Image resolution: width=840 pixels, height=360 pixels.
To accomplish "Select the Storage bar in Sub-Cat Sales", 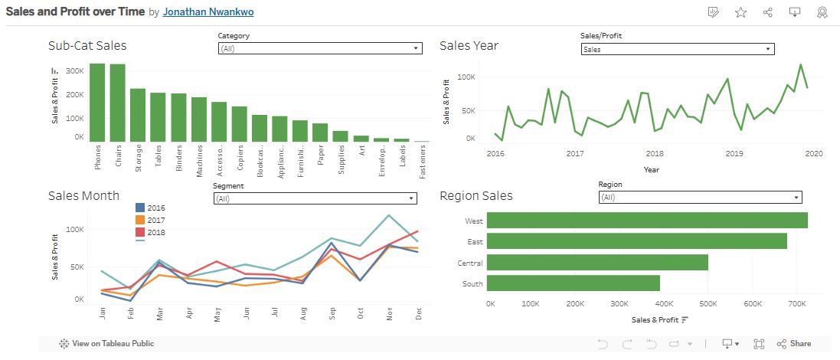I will click(x=138, y=115).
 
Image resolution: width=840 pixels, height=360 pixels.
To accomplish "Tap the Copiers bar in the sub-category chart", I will click(x=240, y=123).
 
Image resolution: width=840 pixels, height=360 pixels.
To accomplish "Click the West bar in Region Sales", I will click(x=647, y=221).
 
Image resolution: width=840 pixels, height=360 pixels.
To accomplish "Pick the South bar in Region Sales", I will click(x=573, y=283).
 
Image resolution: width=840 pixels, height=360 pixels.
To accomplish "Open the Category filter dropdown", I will click(x=319, y=48).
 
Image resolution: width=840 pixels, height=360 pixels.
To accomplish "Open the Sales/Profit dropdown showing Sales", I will click(x=677, y=49).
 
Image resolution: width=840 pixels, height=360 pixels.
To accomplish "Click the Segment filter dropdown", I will click(x=315, y=198).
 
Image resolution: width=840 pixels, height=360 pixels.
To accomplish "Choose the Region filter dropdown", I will click(x=700, y=198).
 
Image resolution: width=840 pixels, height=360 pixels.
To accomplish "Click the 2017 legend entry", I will click(x=155, y=220).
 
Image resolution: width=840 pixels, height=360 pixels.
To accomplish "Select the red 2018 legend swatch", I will click(x=140, y=232).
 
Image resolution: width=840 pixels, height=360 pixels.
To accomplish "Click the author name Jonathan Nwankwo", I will click(x=208, y=12).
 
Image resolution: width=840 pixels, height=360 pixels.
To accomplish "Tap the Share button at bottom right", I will click(x=794, y=344).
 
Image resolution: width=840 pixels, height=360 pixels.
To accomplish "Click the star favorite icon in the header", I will click(x=740, y=12).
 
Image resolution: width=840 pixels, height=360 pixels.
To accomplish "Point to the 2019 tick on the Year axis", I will click(x=734, y=154).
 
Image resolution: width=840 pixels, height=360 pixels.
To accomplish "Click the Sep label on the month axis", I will click(x=332, y=314).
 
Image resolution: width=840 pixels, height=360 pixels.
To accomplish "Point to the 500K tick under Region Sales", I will click(x=708, y=304).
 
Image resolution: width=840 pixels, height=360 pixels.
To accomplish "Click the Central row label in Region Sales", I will click(x=470, y=263).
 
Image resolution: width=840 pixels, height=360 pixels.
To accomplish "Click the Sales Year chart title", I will click(x=469, y=45).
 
